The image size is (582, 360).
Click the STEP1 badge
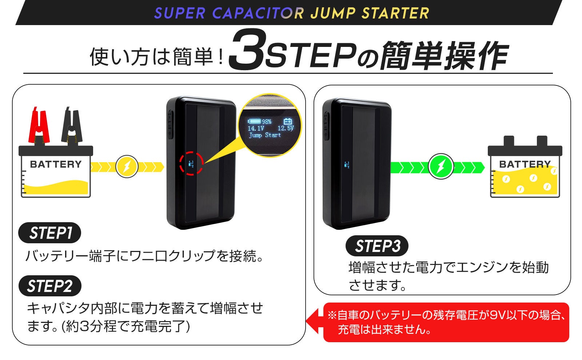[x=50, y=233]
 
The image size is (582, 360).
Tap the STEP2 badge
[x=50, y=286]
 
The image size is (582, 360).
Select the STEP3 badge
[x=377, y=246]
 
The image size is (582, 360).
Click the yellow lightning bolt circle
[x=127, y=167]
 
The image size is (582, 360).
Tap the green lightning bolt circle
[x=440, y=166]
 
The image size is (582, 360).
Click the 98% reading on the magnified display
[x=267, y=121]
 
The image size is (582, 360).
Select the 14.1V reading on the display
[x=256, y=128]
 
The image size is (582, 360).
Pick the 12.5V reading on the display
[x=285, y=128]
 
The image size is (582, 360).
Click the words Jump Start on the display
[x=265, y=135]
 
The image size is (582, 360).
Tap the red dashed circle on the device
[x=191, y=164]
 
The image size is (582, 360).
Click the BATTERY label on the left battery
[x=56, y=164]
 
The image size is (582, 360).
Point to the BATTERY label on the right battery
[x=525, y=164]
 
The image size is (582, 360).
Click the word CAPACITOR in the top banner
[x=258, y=13]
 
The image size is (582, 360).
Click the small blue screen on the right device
[x=347, y=165]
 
